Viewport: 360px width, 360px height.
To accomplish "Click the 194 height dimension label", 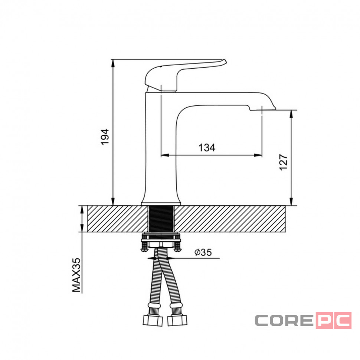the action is tap(105, 137).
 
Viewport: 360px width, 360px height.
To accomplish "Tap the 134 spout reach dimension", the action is tap(207, 148).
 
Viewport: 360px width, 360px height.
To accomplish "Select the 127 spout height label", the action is tap(283, 162).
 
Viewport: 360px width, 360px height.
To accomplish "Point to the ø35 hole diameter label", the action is tap(203, 252).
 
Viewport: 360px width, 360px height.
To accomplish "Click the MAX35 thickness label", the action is tap(76, 275).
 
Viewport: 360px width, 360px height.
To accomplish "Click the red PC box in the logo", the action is tap(334, 321).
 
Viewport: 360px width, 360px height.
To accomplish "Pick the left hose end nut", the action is tap(153, 320).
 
